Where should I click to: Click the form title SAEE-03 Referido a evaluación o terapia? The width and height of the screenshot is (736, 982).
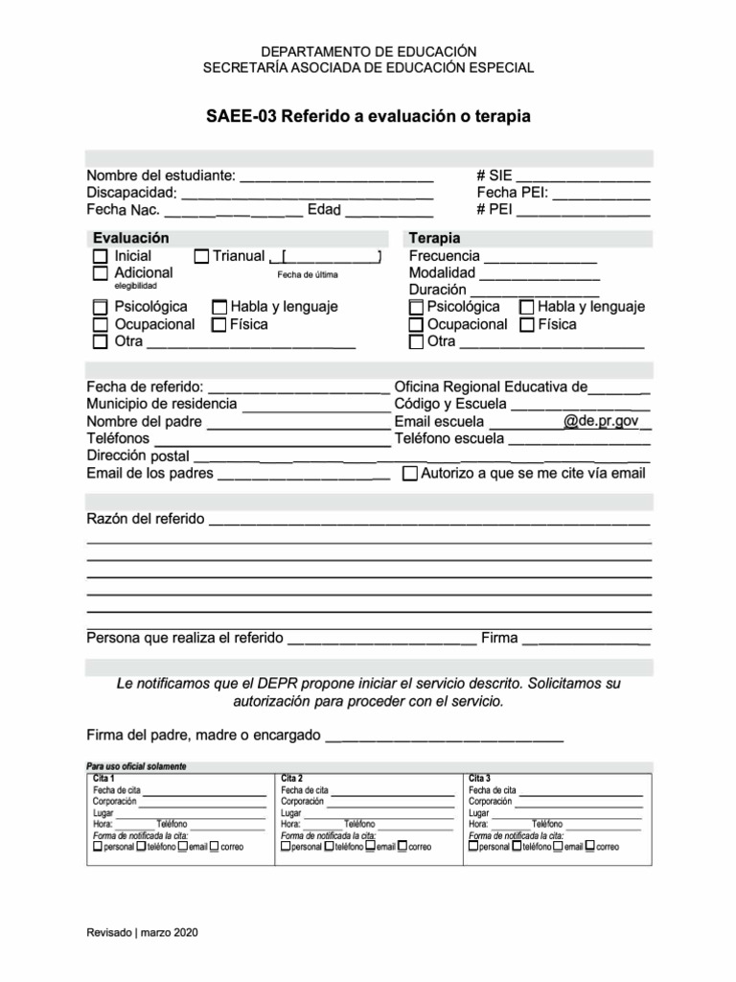pos(368,116)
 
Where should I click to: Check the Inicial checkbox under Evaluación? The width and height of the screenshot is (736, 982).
pos(100,257)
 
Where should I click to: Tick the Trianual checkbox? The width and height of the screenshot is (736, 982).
pos(201,257)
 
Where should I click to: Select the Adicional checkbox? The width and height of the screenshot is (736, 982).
pos(100,273)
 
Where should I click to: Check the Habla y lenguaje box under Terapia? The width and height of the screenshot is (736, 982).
pos(526,308)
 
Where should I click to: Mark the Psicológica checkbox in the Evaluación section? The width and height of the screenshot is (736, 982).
pos(100,308)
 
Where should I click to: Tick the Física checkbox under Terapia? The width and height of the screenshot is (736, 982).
pos(526,325)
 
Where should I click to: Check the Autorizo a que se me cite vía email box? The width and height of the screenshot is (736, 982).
pos(410,474)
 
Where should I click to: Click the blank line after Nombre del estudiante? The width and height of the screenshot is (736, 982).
pos(335,177)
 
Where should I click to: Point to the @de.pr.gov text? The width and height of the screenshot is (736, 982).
pos(601,421)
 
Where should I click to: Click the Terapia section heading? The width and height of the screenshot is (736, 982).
pos(434,238)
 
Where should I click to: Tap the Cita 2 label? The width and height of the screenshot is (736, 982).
pos(292,778)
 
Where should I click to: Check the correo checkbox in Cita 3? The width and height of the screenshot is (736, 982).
pos(589,846)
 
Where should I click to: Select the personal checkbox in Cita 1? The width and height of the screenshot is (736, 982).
pos(98,846)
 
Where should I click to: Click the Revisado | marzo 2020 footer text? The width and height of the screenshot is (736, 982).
pos(144,932)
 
